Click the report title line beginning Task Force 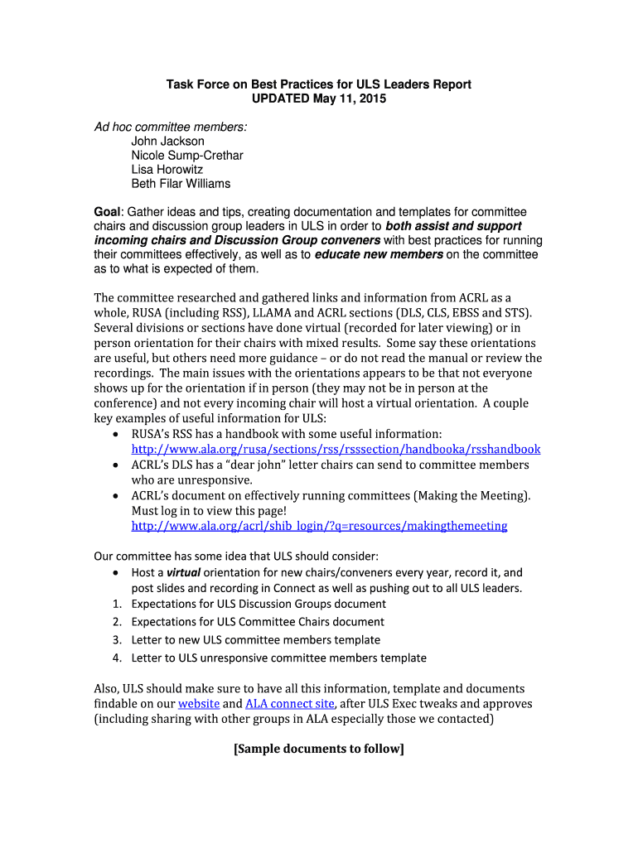319,84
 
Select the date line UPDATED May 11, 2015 319,99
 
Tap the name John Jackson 167,142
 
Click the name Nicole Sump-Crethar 187,156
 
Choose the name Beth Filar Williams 181,184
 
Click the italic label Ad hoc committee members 170,127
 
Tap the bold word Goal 108,213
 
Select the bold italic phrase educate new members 379,255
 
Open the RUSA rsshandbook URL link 336,450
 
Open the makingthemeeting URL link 319,527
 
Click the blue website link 199,704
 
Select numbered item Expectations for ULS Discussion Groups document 259,604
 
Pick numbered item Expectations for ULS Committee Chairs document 258,622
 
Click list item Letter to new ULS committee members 256,640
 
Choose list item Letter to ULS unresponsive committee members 278,658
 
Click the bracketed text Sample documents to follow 319,749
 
